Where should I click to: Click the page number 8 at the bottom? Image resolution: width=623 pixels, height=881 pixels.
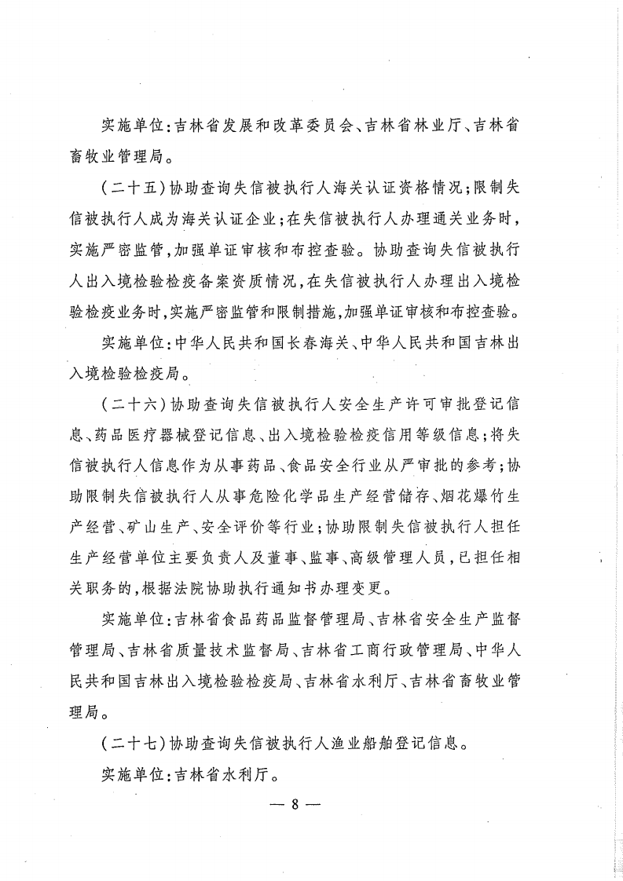291,806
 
